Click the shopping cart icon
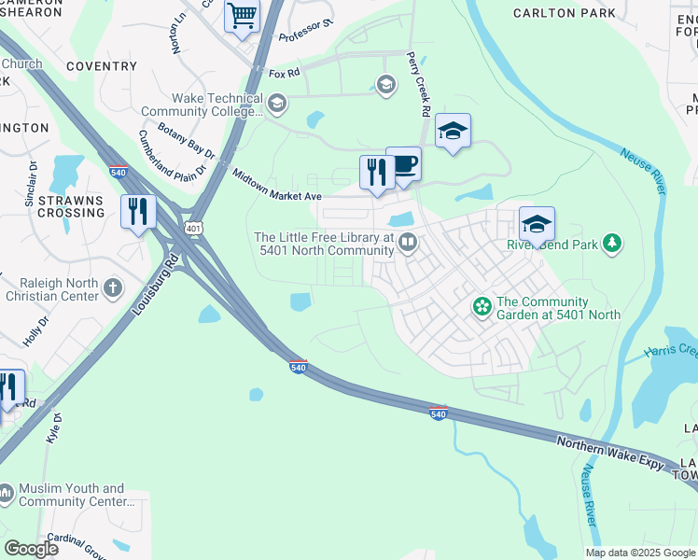[242, 16]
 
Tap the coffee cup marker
[403, 165]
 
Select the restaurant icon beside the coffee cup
[377, 173]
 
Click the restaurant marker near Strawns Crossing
[138, 211]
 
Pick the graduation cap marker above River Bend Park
[537, 225]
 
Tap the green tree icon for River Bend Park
[612, 245]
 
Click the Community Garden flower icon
[482, 306]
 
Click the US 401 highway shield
[193, 227]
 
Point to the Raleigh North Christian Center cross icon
[113, 287]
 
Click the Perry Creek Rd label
[417, 83]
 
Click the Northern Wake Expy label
[610, 453]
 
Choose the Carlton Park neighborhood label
[565, 13]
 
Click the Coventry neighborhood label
[102, 66]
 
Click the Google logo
[31, 549]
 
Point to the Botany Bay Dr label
[187, 140]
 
